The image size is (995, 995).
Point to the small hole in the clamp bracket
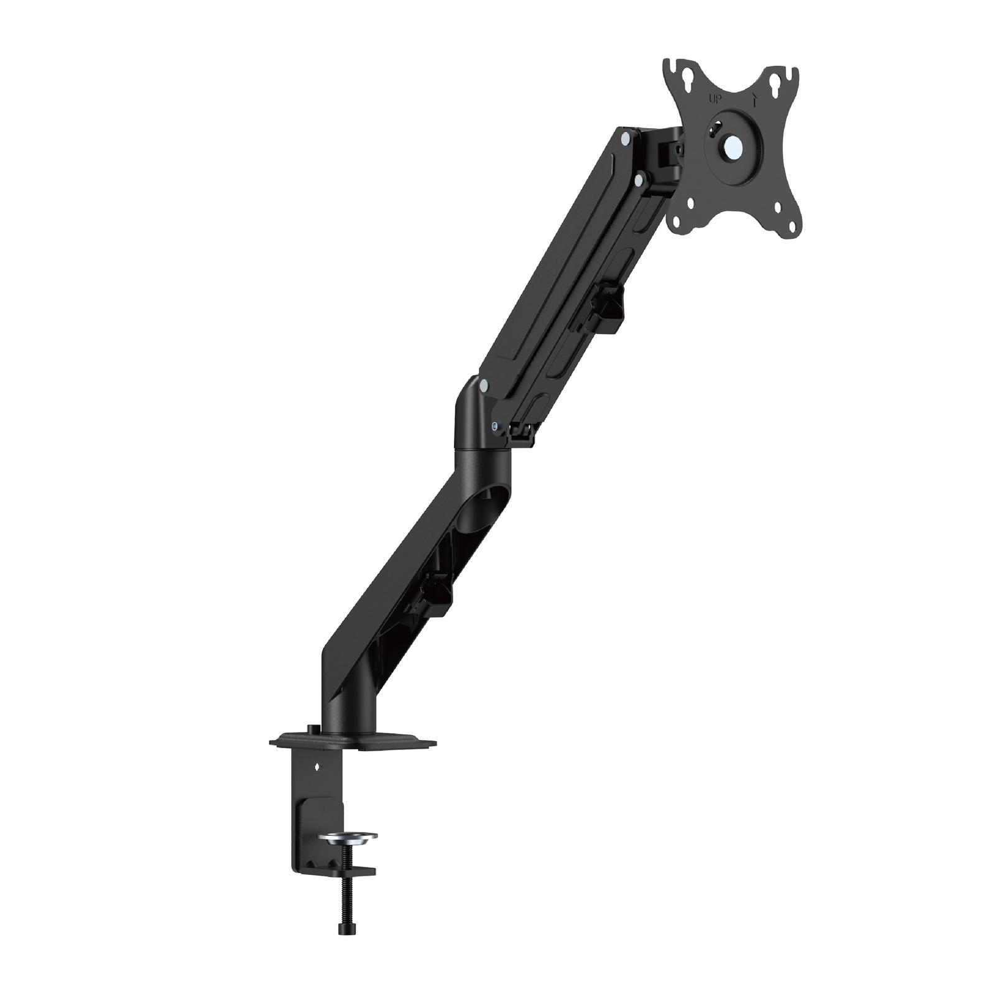(317, 767)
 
